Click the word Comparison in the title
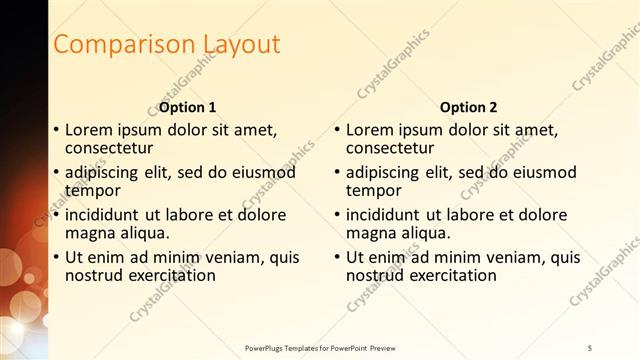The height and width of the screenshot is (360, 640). [x=111, y=45]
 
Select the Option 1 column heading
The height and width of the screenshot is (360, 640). [x=188, y=107]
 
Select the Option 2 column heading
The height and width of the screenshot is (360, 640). [x=469, y=107]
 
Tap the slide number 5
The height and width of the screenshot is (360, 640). [x=590, y=347]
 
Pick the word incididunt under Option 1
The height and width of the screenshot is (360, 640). [x=103, y=215]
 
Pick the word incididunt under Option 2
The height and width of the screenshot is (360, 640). [x=384, y=215]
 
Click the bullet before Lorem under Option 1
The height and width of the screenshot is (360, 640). [x=55, y=130]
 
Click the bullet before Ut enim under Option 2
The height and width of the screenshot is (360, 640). [x=337, y=257]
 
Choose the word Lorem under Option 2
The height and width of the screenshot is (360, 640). [x=370, y=130]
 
